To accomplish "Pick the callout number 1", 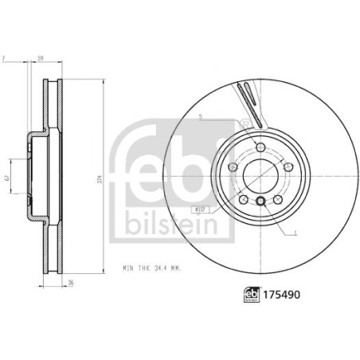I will click(295, 233).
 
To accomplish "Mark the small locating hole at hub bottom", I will click(261, 201).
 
